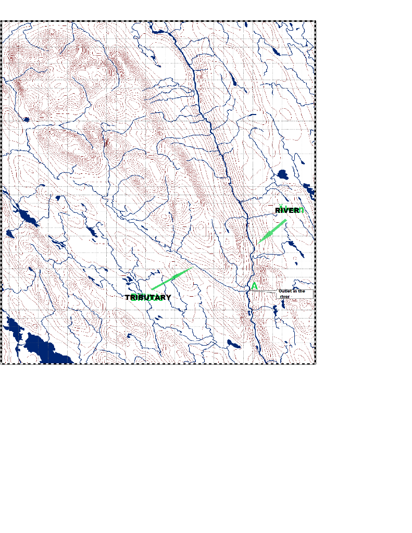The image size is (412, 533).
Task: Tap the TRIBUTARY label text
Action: (148, 297)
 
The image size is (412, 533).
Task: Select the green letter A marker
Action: (254, 286)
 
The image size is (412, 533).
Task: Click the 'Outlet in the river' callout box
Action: (294, 294)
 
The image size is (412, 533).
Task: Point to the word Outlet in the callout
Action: (285, 291)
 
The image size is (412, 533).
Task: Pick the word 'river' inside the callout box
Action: (284, 296)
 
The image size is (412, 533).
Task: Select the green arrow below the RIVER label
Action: (272, 232)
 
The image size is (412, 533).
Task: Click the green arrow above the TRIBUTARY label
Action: (172, 278)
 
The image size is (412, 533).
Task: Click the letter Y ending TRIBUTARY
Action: (168, 297)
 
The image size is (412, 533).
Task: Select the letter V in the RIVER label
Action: (288, 210)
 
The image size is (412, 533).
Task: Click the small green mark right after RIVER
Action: (302, 210)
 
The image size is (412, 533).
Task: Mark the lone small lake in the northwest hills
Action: (26, 119)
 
